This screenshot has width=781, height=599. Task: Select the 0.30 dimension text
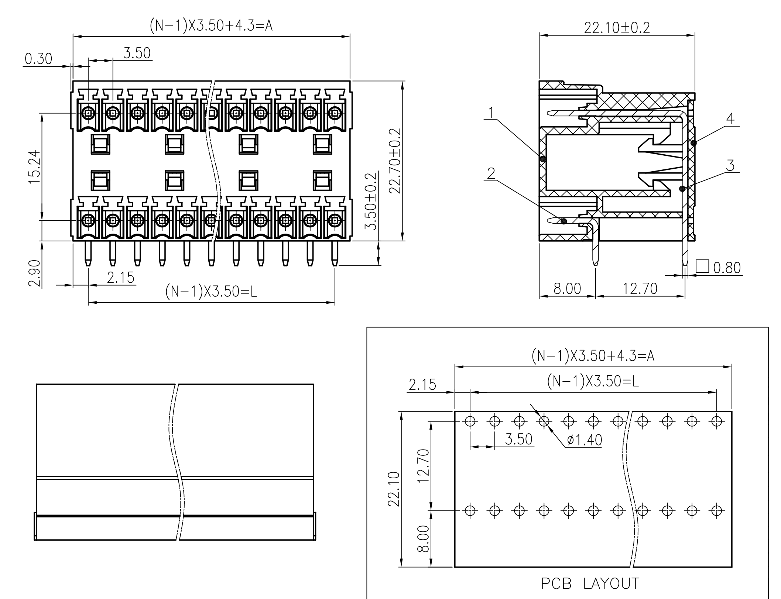38,59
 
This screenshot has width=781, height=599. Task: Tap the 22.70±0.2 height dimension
394,161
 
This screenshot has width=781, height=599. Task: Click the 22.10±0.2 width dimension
617,28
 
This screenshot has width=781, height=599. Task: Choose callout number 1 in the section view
491,113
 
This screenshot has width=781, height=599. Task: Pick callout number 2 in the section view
491,173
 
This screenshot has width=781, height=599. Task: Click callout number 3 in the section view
730,165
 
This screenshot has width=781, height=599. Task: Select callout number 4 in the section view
730,119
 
